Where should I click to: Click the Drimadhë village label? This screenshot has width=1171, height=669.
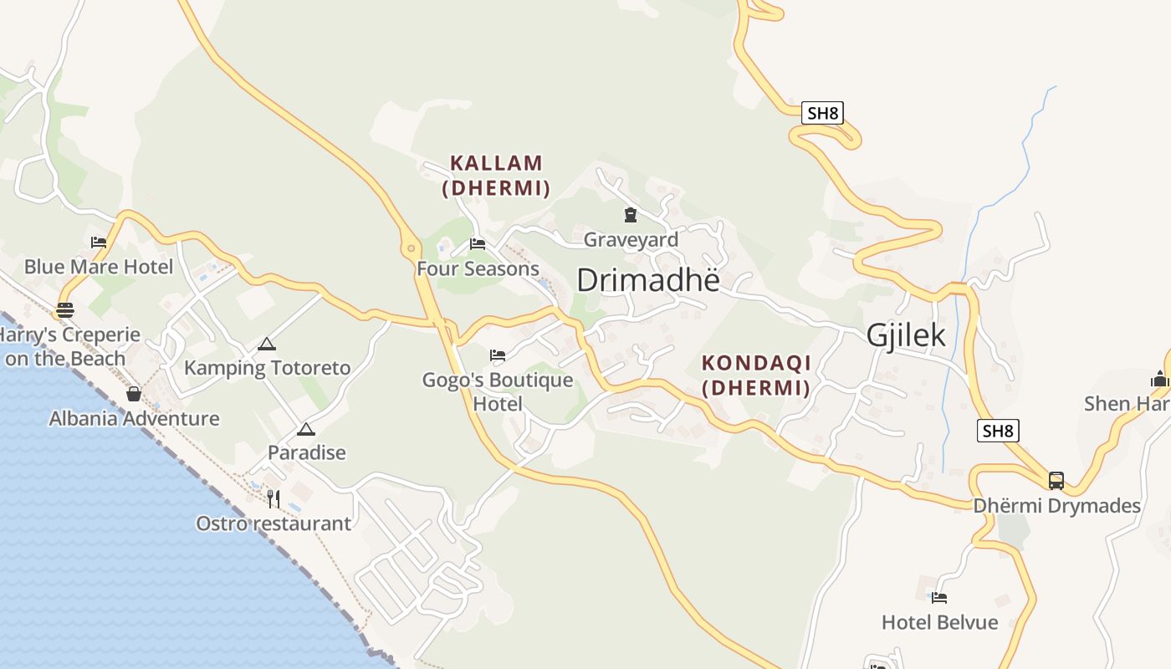(647, 280)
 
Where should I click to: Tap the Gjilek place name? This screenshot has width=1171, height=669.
(906, 335)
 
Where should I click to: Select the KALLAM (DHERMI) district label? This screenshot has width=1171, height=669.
(496, 175)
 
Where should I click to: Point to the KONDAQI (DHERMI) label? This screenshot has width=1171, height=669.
(756, 375)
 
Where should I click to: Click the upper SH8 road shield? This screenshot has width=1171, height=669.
(822, 113)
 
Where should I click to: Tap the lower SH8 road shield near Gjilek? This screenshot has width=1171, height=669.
(998, 431)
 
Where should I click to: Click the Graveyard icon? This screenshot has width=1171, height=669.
(630, 216)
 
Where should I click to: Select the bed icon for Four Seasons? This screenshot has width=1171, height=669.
(478, 244)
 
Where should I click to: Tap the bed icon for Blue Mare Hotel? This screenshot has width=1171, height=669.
(99, 243)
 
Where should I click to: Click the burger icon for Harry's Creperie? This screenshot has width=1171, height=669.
(65, 310)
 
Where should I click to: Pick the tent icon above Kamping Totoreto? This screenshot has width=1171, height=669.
(267, 344)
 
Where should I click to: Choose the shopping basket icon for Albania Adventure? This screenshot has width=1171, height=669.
(134, 394)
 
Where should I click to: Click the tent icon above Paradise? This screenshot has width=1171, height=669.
(306, 430)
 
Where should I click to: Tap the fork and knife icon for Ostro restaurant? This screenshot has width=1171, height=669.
(273, 499)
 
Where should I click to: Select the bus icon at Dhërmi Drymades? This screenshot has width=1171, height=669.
(1056, 481)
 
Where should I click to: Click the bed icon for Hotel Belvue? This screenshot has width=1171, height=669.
(939, 598)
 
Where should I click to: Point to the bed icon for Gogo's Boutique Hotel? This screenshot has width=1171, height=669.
(498, 355)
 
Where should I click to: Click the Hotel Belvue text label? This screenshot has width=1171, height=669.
(939, 622)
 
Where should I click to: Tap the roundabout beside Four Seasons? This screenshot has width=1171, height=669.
(411, 248)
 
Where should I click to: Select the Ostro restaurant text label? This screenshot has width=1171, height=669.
(274, 523)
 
